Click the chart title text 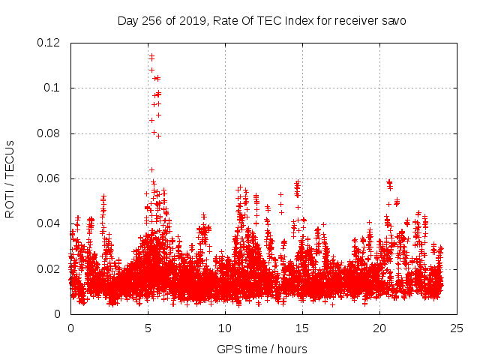click(262, 20)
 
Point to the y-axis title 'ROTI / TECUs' click(10, 179)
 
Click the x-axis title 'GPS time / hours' click(262, 349)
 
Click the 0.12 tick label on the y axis click(49, 43)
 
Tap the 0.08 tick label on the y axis click(49, 133)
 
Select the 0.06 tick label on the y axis click(49, 178)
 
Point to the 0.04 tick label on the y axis click(49, 223)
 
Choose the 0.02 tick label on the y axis click(49, 269)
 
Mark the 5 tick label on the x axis click(148, 328)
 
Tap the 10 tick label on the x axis click(225, 328)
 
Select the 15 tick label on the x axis click(302, 328)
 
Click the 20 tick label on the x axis click(379, 328)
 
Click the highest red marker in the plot click(151, 55)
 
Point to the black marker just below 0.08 click(158, 136)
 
